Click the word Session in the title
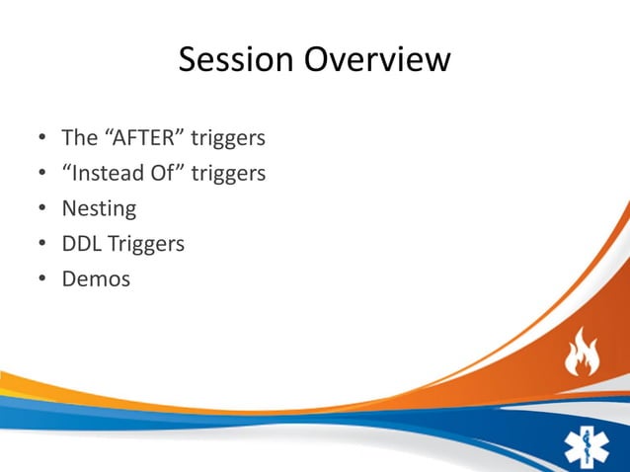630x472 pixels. (235, 60)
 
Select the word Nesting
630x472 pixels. (99, 209)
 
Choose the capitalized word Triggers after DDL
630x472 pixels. (145, 244)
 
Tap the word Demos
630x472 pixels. (96, 278)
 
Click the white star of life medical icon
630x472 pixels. (587, 445)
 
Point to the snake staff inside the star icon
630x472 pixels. (587, 445)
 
